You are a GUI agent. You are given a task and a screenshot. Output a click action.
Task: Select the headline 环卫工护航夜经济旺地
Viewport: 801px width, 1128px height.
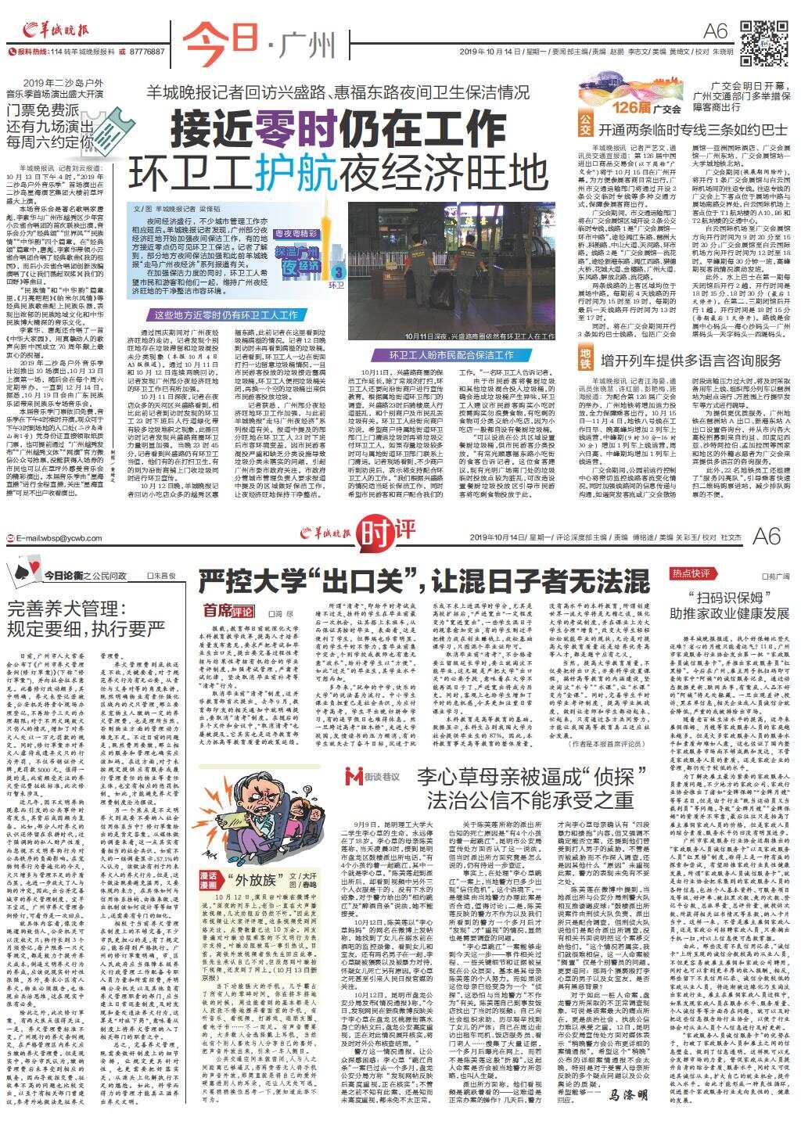339,169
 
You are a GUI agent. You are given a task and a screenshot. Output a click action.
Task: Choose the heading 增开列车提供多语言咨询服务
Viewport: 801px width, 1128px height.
691,360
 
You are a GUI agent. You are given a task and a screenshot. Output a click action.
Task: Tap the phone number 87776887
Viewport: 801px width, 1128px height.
147,52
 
